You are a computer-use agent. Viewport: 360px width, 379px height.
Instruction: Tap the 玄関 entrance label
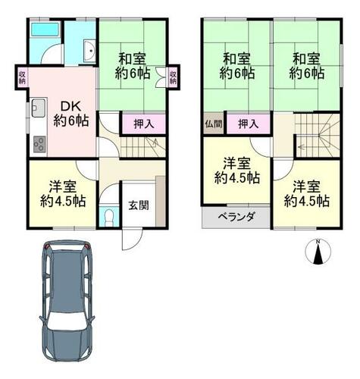click(x=139, y=205)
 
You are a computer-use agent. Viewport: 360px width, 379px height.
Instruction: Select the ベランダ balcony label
click(x=236, y=217)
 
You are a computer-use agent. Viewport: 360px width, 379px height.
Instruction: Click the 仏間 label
click(x=214, y=124)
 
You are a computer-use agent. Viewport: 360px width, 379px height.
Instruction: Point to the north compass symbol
click(x=318, y=252)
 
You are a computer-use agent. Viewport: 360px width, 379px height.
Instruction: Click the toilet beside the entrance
click(x=108, y=217)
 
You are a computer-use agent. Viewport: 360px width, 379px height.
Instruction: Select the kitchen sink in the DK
click(x=39, y=108)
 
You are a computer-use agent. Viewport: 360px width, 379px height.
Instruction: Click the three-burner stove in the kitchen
click(x=39, y=144)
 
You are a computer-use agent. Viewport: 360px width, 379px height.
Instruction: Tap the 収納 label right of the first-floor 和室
click(x=173, y=77)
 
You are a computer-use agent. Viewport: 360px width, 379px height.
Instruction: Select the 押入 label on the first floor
click(x=143, y=124)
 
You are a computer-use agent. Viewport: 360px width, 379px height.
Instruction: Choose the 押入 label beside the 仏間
click(x=248, y=124)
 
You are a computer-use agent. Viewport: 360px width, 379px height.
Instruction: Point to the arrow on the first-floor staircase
click(x=155, y=144)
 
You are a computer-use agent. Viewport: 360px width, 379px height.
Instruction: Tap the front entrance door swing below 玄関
click(x=132, y=240)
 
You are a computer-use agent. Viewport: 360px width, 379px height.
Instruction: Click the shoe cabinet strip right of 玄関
click(x=160, y=202)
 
